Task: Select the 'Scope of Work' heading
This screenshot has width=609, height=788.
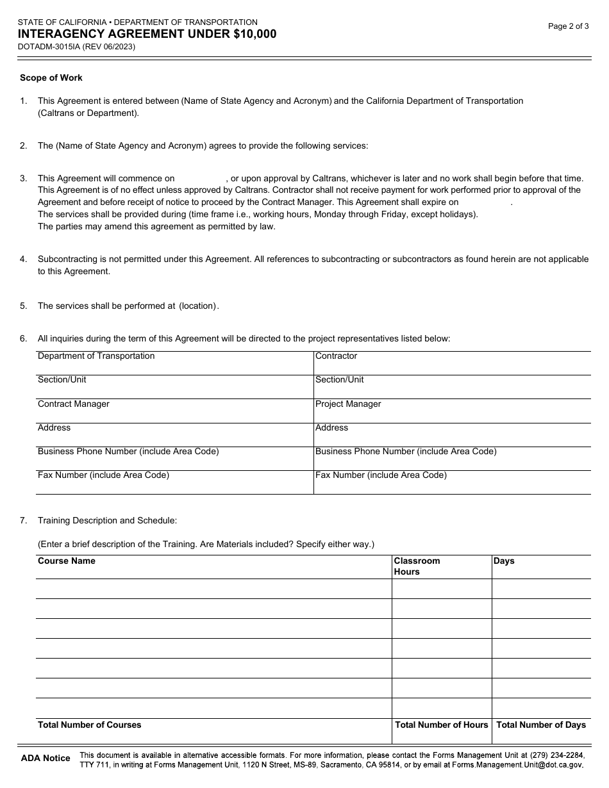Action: pyautogui.click(x=51, y=78)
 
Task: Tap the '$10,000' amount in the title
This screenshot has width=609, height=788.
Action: pyautogui.click(x=255, y=34)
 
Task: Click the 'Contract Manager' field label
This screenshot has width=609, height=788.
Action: pyautogui.click(x=73, y=404)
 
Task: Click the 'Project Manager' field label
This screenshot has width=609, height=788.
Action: pyautogui.click(x=348, y=404)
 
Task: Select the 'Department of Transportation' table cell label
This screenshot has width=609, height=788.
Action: pyautogui.click(x=96, y=356)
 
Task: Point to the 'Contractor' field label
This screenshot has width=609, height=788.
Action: pyautogui.click(x=336, y=356)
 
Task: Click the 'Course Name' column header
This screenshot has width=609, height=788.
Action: pyautogui.click(x=67, y=561)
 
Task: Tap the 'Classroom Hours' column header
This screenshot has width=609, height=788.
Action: pyautogui.click(x=417, y=566)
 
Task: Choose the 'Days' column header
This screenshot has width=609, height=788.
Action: pyautogui.click(x=504, y=561)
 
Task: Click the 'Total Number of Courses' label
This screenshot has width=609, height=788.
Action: pyautogui.click(x=90, y=725)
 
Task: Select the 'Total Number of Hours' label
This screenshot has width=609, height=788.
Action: pyautogui.click(x=441, y=725)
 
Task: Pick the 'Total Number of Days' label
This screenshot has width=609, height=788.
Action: pyautogui.click(x=541, y=725)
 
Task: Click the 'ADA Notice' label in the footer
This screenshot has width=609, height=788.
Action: pyautogui.click(x=46, y=758)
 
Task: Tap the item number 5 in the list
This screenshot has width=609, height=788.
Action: pyautogui.click(x=23, y=306)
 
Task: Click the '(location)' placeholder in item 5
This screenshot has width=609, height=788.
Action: pyautogui.click(x=197, y=306)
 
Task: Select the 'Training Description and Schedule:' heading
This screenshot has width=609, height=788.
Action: pyautogui.click(x=107, y=520)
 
